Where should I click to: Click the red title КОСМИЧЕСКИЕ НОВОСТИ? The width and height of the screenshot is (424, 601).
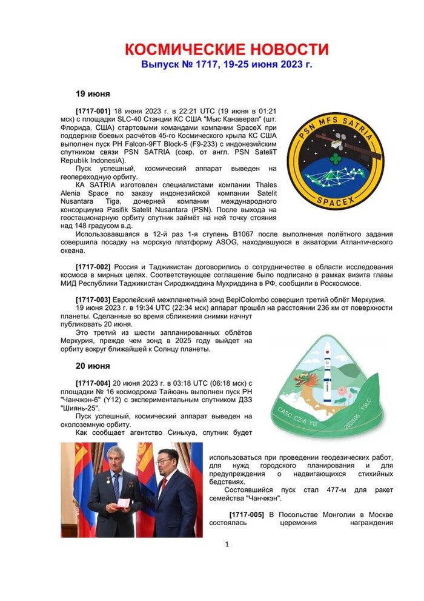(x=226, y=50)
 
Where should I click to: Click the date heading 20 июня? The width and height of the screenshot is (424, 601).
(x=92, y=366)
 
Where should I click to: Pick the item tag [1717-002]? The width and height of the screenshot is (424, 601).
(x=93, y=267)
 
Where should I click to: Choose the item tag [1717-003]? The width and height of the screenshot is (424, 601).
(x=93, y=300)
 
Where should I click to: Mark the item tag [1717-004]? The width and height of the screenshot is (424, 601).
(x=93, y=384)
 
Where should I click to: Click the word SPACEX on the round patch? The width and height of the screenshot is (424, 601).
(x=335, y=201)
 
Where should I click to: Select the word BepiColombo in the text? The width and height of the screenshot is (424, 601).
(x=233, y=300)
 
